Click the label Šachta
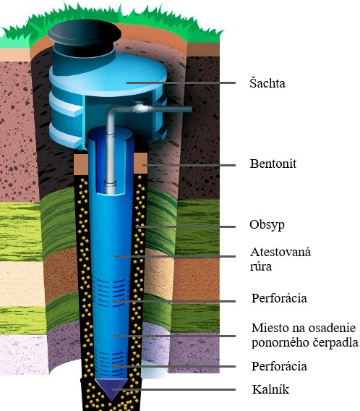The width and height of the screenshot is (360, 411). pos(267,82)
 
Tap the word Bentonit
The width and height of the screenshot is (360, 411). pos(273,164)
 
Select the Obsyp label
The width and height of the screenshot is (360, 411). pos(267,225)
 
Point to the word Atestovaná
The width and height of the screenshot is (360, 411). pos(280,252)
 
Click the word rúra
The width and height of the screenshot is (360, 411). pos(260,266)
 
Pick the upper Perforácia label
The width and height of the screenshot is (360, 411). pos(279,298)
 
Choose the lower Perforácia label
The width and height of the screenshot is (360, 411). pos(279,366)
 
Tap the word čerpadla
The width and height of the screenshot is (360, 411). pos(335,342)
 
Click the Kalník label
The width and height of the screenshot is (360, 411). pos(270,389)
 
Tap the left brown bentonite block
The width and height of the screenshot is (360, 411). pos(81,164)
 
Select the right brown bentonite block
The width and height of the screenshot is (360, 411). pos(140,163)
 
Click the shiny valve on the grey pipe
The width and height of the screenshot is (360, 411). pos(140,108)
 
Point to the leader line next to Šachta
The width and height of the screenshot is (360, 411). pos(181,82)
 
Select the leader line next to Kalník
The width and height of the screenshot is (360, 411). pos(173,389)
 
